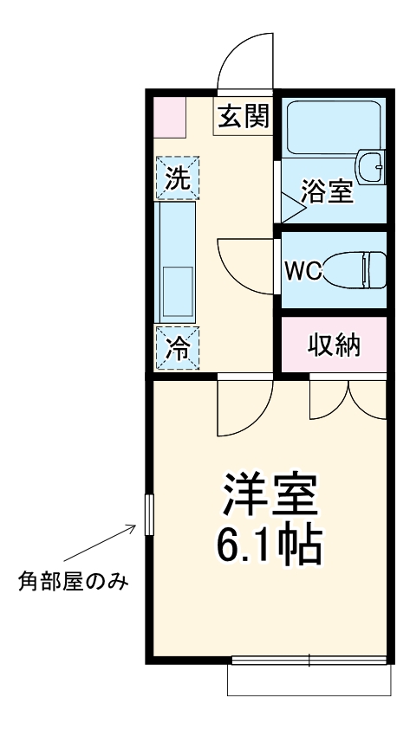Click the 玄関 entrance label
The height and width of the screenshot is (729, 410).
[x=243, y=116]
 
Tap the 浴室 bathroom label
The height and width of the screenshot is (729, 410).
[x=327, y=191]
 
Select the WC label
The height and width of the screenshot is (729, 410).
[x=303, y=271]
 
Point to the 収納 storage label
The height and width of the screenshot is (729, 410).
[x=335, y=345]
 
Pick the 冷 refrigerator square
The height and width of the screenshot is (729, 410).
[x=177, y=348]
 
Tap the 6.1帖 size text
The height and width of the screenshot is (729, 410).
[x=270, y=545]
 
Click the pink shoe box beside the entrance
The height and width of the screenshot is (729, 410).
[x=170, y=118]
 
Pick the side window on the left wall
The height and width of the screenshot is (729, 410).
[x=148, y=517]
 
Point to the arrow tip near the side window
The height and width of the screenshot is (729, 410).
[x=137, y=524]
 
